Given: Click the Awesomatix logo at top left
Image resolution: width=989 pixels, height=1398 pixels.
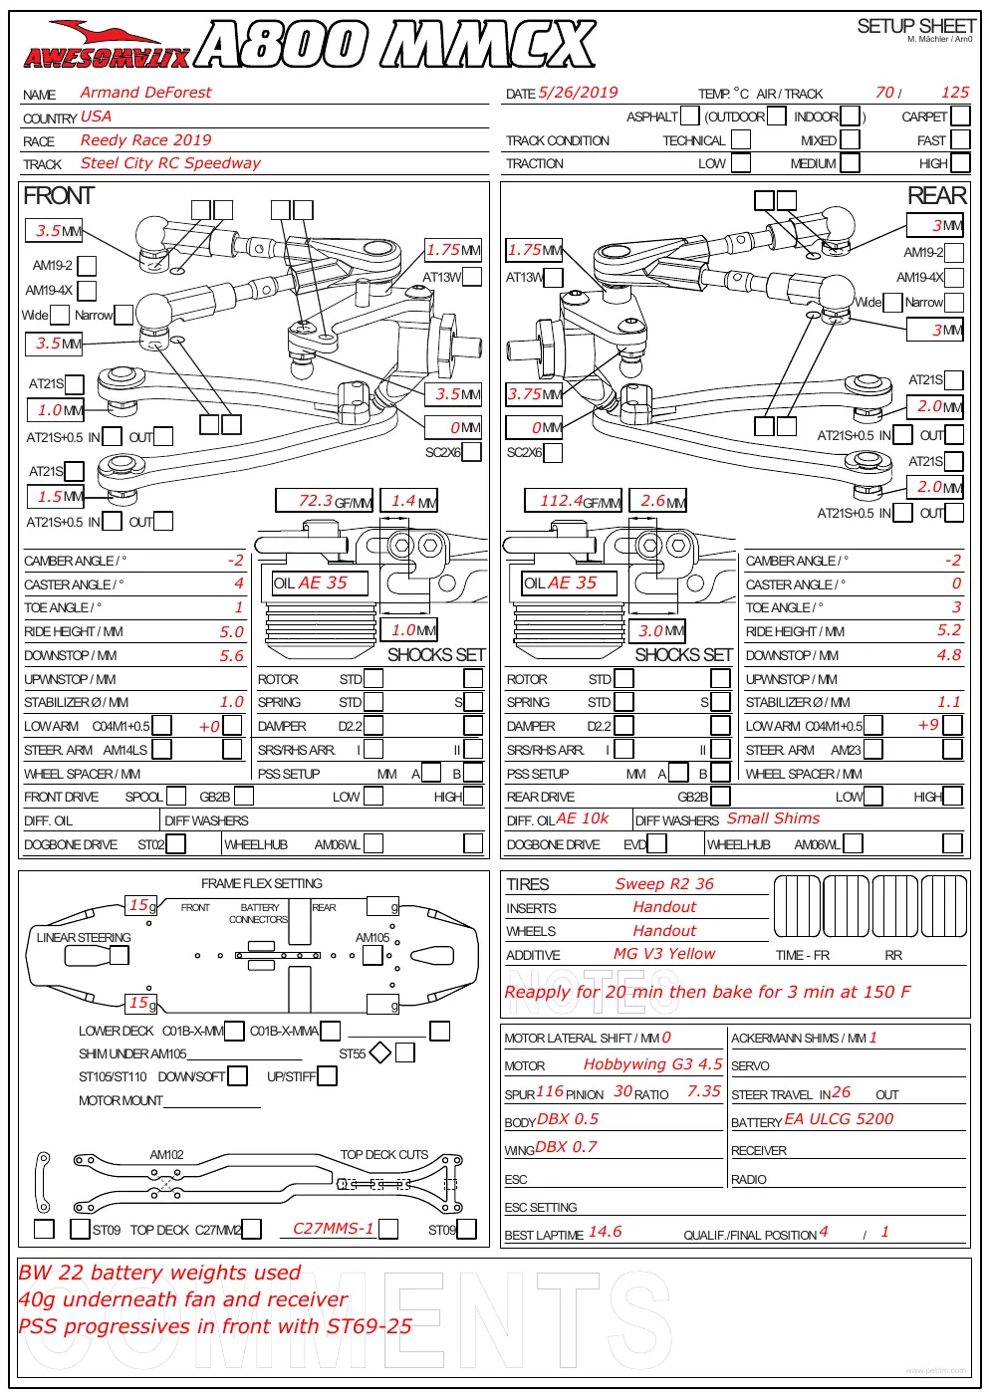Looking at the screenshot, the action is [x=107, y=45].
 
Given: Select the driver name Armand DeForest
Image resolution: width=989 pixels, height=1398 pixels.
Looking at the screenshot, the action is [x=145, y=93].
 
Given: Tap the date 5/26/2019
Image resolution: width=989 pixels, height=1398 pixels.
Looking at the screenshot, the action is [x=578, y=93].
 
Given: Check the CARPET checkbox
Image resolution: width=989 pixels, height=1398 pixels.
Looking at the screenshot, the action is [x=960, y=116].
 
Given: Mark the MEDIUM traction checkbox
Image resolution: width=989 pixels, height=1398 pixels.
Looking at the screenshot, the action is [x=850, y=163].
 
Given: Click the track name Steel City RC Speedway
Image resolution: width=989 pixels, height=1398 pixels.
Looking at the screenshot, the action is [x=170, y=163].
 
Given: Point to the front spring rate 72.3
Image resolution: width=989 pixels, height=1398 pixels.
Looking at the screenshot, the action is [x=316, y=501].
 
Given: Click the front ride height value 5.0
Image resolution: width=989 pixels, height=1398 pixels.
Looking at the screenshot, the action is [x=231, y=631].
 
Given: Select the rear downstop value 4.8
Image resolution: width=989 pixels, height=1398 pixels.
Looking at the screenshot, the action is [x=948, y=654].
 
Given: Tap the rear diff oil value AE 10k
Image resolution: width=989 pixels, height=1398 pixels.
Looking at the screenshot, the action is [x=582, y=818].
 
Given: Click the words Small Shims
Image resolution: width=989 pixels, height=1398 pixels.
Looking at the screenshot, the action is [x=773, y=818].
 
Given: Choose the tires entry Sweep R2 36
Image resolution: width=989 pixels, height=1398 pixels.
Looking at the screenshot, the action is [x=664, y=884].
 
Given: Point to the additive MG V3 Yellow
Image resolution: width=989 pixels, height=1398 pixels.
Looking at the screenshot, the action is [x=664, y=954].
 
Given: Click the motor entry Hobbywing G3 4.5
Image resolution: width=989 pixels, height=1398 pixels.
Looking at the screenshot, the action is [x=652, y=1064].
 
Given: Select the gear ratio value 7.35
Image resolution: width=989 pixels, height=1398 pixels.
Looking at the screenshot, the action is [x=704, y=1091].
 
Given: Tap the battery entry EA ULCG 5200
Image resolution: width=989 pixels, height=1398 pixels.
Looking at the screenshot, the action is [x=839, y=1119].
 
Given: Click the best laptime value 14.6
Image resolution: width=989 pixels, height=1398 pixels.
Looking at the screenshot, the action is [x=605, y=1232].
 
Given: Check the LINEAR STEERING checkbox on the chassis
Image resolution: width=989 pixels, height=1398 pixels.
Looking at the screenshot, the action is [x=120, y=955].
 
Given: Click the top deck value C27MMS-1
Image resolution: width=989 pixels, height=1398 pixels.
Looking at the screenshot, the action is [x=334, y=1229].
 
